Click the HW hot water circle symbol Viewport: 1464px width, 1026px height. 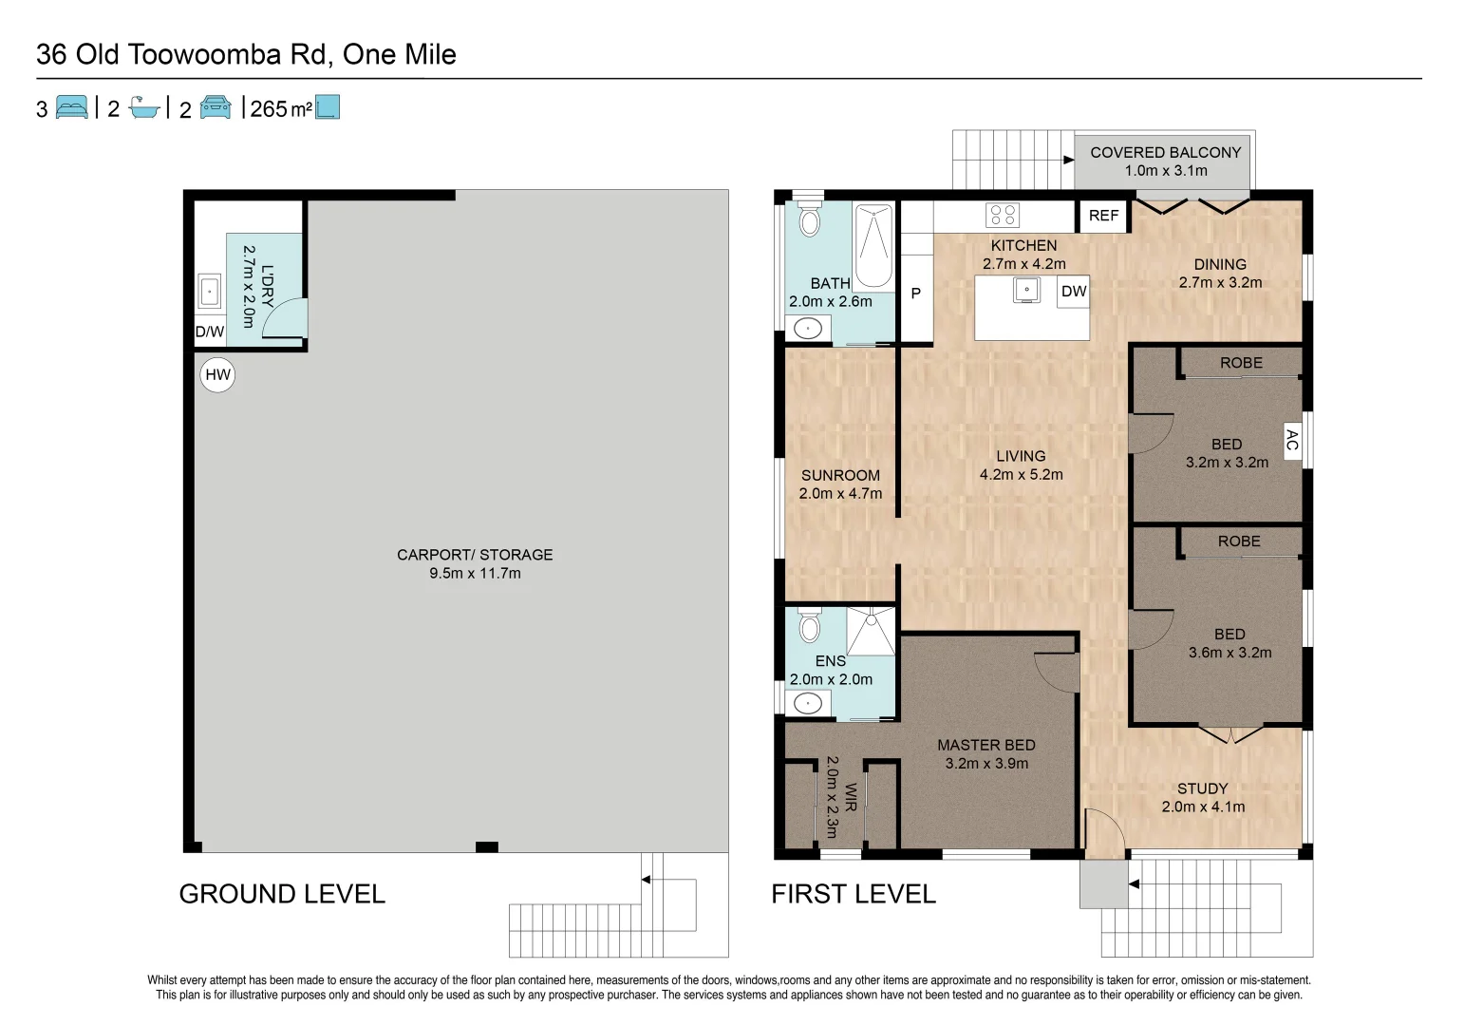point(217,374)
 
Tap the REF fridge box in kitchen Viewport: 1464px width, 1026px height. point(1103,216)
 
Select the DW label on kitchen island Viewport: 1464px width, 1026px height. point(1074,292)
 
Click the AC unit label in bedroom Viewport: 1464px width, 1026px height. point(1292,441)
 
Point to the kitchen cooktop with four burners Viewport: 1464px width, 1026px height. point(1003,215)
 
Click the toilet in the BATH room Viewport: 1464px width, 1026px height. point(809,218)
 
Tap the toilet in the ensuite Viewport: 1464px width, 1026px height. point(809,626)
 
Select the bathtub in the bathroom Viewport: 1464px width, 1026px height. point(873,247)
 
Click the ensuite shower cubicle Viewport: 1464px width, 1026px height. point(871,631)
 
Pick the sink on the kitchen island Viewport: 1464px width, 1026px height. point(1026,290)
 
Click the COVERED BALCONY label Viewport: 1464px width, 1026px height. point(1165,152)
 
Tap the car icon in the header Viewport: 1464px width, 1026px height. point(216,107)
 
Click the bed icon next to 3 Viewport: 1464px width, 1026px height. point(71,107)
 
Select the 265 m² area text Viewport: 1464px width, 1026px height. point(281,109)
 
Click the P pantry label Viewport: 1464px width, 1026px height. point(916,294)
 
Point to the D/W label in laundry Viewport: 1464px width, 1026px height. point(209,332)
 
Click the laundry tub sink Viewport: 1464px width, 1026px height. point(210,291)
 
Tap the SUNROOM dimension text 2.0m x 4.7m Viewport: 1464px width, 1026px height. point(840,494)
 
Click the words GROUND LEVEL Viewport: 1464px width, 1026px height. point(282,894)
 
